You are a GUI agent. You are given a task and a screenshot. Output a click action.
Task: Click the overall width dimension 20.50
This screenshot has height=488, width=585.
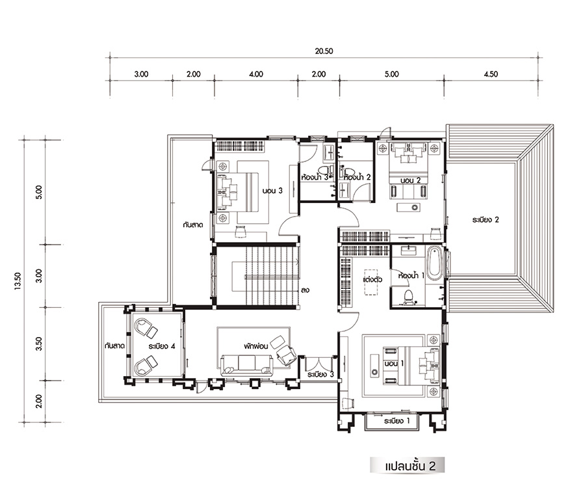pos(324,51)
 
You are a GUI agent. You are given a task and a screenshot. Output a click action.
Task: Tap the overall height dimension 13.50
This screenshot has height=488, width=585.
pos(18,282)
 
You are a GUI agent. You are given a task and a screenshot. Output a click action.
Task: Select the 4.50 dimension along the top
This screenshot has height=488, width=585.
pos(491,74)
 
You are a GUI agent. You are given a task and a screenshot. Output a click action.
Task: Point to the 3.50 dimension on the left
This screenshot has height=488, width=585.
pos(39,344)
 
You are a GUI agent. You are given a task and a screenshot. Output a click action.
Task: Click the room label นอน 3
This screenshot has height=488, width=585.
pos(272,191)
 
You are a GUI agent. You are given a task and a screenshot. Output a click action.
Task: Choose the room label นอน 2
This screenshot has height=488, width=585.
pos(410,180)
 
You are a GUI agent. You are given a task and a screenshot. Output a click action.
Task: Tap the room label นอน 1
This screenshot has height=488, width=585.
pos(394,363)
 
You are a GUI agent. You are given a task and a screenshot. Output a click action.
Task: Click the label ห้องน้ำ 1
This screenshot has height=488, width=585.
pos(411,276)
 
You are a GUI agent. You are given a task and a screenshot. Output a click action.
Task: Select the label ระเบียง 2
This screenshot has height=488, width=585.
pos(485,219)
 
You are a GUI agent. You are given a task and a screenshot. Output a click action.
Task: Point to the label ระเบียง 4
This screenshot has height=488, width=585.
pos(162,346)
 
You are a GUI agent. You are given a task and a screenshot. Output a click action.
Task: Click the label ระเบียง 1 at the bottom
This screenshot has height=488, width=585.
pos(396,421)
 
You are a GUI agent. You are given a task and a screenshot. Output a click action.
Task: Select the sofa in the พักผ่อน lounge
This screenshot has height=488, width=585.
pos(247,364)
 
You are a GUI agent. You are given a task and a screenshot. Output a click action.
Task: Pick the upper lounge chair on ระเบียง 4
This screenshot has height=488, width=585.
pos(146,327)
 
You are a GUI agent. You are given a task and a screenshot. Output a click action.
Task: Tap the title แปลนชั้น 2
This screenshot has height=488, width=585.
pos(409,466)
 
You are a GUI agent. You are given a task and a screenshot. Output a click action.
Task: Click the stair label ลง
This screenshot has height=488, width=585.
pos(305,290)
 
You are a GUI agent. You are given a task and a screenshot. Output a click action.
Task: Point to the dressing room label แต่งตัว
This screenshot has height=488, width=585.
pos(372,279)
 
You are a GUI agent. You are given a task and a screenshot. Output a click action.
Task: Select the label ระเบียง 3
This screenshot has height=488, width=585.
pos(320,374)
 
